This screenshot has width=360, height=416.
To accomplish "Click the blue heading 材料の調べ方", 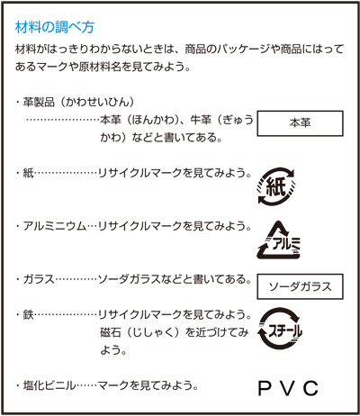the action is pos(55,27).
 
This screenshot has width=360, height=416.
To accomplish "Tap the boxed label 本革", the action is pos(300,123).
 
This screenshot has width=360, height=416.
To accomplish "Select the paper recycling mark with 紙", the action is pos(276,186).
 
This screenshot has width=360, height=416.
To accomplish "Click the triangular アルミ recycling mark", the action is pos(278,240).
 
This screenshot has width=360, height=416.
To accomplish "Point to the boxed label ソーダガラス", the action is pos(300,286).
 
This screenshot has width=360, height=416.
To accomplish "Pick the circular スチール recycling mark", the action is pos(279,329).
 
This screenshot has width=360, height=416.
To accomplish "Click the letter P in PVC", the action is pos(265,388).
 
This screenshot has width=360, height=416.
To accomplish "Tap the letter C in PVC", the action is pos(310,388).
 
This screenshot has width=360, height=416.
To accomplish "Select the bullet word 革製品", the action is pos(39,103).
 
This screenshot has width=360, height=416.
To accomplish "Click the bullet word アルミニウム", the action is pos(55,226).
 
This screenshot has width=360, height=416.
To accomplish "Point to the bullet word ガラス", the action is pos(39,279).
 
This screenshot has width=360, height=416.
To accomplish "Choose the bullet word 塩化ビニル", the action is pos(49,385).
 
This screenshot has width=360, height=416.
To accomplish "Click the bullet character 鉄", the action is pos(29,315).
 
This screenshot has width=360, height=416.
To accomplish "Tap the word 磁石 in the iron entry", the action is pos(111,332).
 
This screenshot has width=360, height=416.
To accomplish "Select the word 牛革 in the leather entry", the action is pos(202,120).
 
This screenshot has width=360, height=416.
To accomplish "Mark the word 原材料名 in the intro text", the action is pos(100,67).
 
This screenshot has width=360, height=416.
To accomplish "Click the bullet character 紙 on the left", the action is pos(29,173).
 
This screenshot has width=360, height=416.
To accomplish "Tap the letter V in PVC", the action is pos(287,388).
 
